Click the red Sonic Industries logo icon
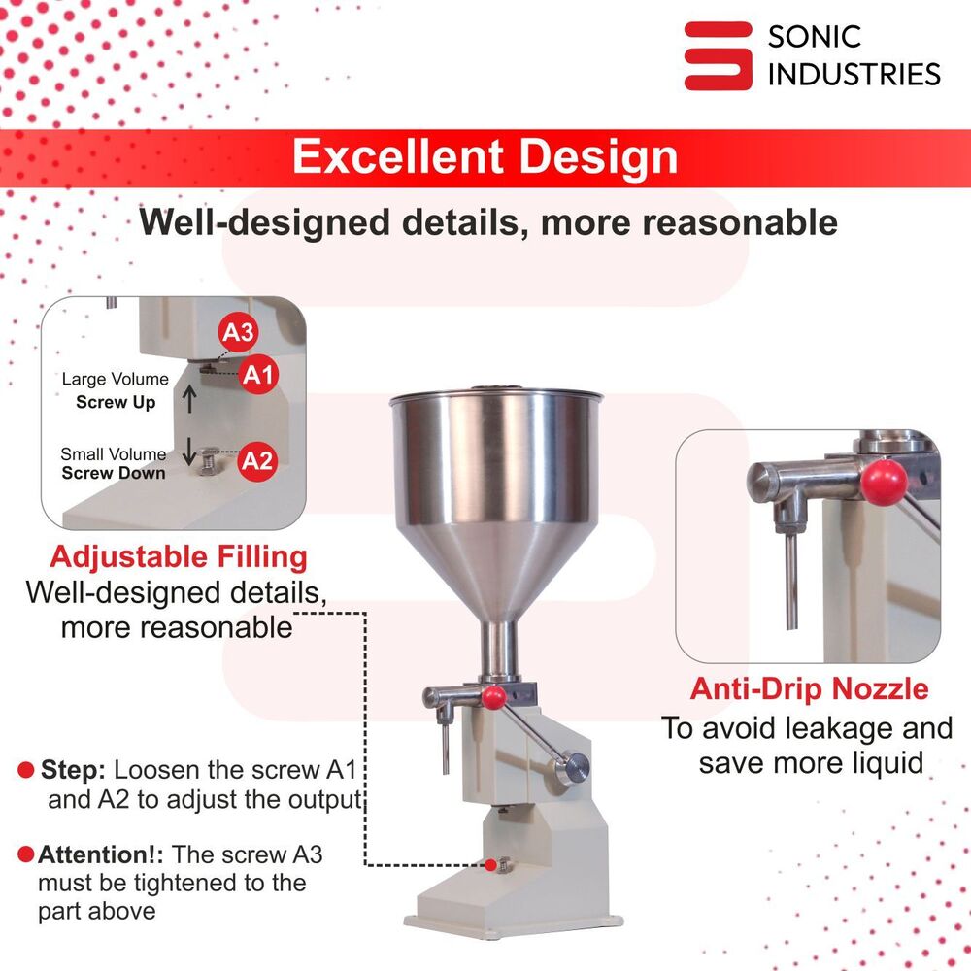[718, 55]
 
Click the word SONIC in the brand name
[814, 38]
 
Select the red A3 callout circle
[238, 333]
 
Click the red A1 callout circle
[258, 374]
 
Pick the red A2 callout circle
[257, 460]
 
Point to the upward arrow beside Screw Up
[190, 396]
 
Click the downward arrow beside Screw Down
[190, 449]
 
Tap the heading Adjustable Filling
[179, 557]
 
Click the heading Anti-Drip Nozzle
[809, 689]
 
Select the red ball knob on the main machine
[495, 696]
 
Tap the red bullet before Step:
[26, 771]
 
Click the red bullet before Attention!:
[26, 855]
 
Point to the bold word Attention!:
[101, 855]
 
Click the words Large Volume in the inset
[115, 379]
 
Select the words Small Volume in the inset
[113, 453]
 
